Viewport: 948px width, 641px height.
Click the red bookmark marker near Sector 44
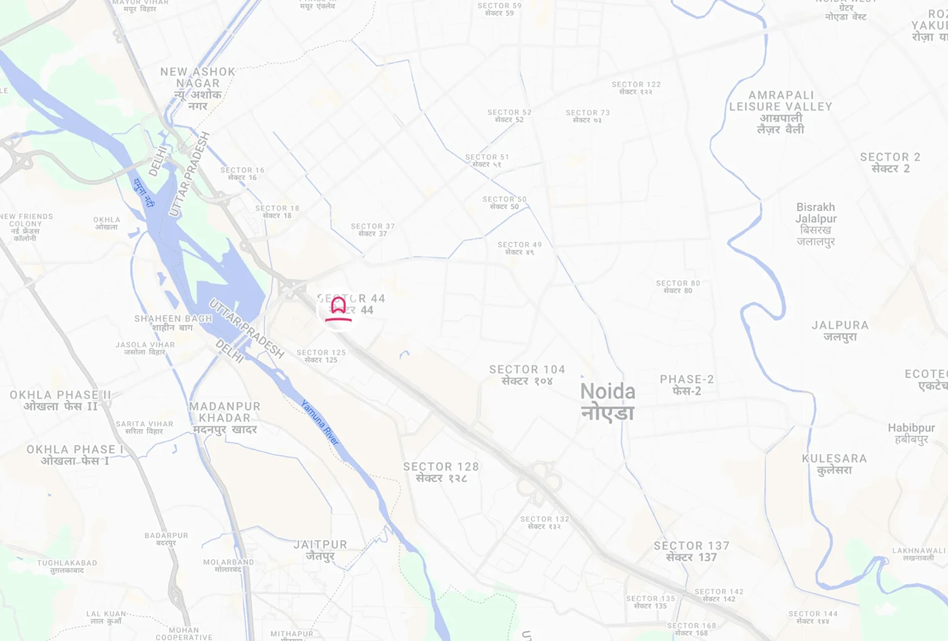[x=339, y=309]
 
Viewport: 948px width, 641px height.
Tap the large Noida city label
[x=607, y=401]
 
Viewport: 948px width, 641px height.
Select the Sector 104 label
[x=527, y=374]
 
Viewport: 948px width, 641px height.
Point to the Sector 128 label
[x=441, y=472]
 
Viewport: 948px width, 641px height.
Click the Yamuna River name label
[x=320, y=422]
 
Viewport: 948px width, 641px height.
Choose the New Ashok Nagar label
[x=198, y=88]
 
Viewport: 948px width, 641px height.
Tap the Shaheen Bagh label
[x=173, y=322]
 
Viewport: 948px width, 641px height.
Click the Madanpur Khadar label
[x=225, y=418]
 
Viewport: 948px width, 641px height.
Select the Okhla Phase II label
[x=60, y=400]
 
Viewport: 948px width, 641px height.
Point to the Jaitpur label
[x=320, y=550]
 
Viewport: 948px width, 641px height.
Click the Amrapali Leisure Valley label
[x=781, y=112]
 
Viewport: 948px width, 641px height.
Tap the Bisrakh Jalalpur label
[x=816, y=224]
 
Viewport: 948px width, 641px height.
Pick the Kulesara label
[x=834, y=464]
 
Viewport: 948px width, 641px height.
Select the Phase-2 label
[x=687, y=384]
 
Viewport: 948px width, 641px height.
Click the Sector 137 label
[x=691, y=551]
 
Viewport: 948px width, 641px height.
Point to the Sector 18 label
[x=277, y=212]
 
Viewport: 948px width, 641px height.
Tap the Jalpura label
[x=840, y=330]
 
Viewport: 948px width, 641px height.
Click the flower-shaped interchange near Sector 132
[x=539, y=483]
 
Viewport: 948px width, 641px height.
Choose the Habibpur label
[x=911, y=433]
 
